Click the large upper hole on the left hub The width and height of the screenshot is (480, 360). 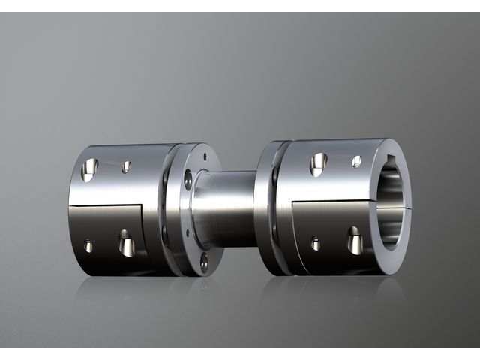pyautogui.click(x=89, y=169)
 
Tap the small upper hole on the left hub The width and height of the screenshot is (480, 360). pyautogui.click(x=126, y=166)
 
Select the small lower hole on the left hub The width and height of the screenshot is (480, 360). pyautogui.click(x=88, y=246)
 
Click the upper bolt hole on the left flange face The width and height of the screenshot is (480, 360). pyautogui.click(x=188, y=179)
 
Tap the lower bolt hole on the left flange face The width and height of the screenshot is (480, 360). pyautogui.click(x=204, y=262)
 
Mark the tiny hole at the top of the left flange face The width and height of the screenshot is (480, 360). pyautogui.click(x=204, y=157)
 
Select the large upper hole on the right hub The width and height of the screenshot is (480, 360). pyautogui.click(x=318, y=164)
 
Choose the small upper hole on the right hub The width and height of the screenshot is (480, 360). pyautogui.click(x=356, y=161)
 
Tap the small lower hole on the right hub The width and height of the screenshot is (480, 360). pyautogui.click(x=316, y=244)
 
